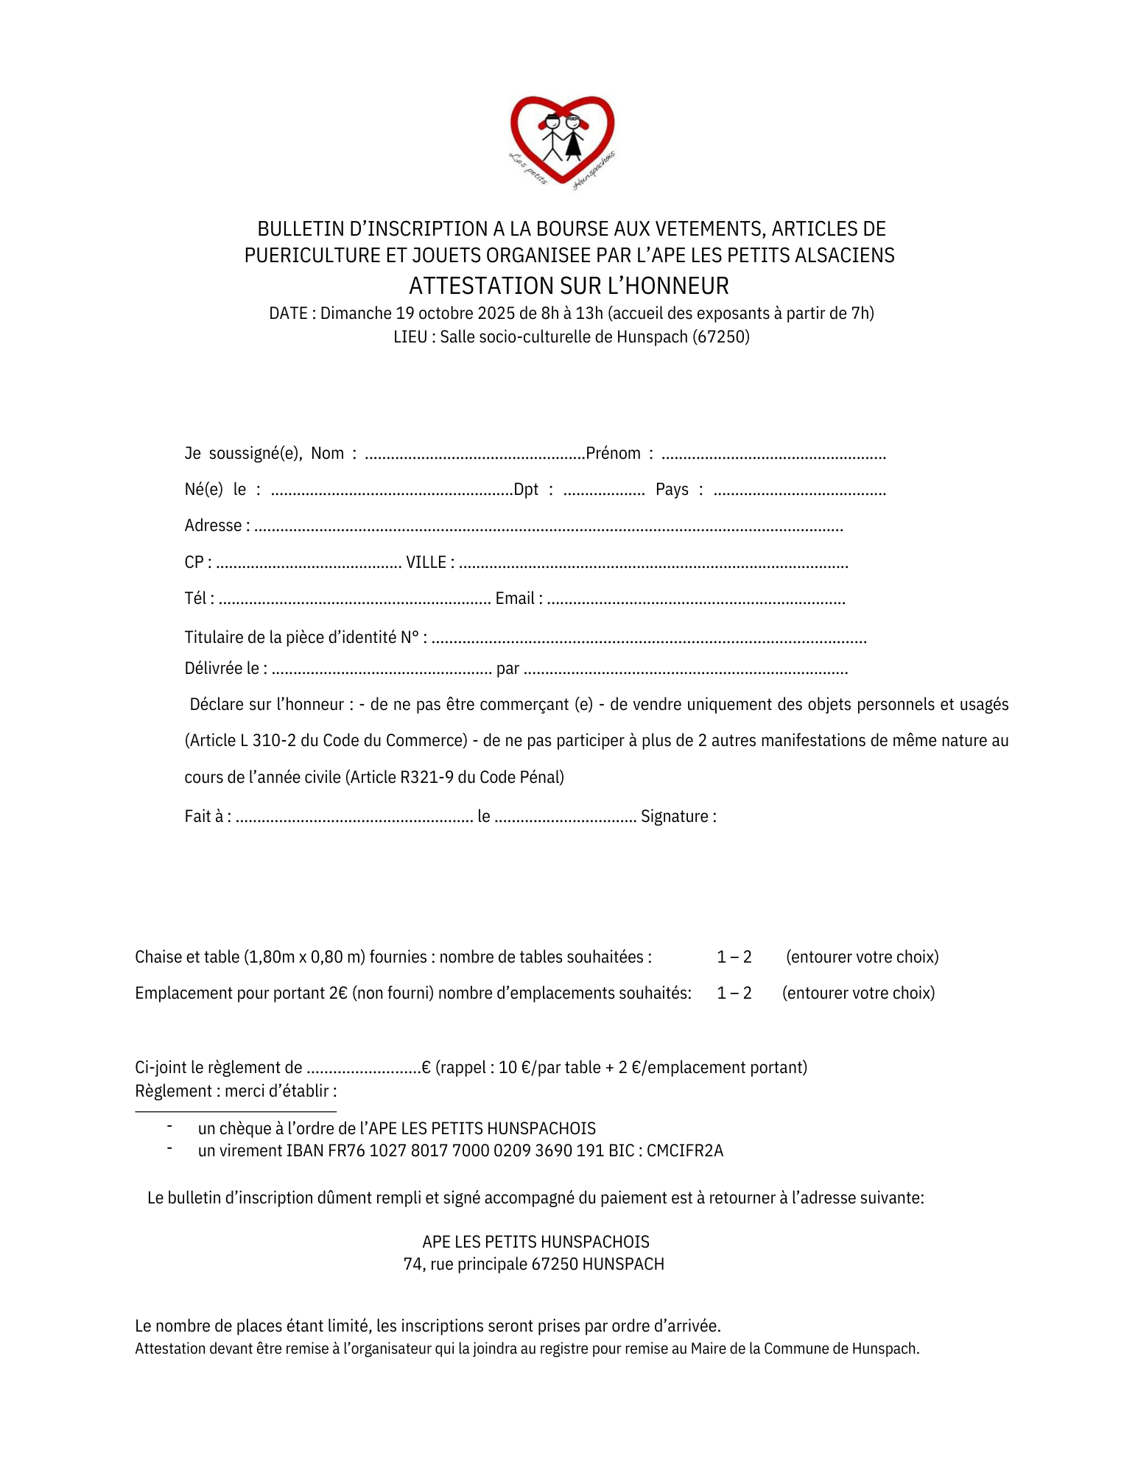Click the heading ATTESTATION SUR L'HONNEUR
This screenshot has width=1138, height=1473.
point(569,286)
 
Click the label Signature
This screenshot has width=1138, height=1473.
point(678,817)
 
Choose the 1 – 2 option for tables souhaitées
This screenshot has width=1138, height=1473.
point(734,957)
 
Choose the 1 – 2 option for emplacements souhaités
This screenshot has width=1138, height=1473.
point(734,994)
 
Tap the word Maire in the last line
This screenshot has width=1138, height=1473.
point(707,1349)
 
